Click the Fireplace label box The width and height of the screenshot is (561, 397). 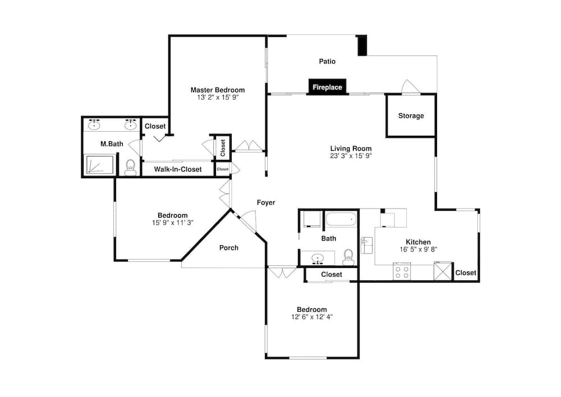pyautogui.click(x=328, y=87)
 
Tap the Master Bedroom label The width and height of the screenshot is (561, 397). pyautogui.click(x=218, y=90)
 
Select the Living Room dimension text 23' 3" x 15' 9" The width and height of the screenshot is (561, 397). pyautogui.click(x=351, y=156)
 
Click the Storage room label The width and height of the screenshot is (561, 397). pyautogui.click(x=411, y=116)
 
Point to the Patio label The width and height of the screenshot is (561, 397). pyautogui.click(x=328, y=62)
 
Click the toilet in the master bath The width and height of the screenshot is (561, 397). pyautogui.click(x=131, y=168)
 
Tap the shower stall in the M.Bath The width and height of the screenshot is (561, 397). pyautogui.click(x=99, y=164)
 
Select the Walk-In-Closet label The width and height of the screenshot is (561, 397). pyautogui.click(x=178, y=169)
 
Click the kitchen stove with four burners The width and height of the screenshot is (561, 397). pyautogui.click(x=402, y=271)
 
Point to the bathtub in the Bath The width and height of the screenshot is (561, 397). pyautogui.click(x=341, y=219)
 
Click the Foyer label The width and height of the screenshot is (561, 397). pyautogui.click(x=266, y=203)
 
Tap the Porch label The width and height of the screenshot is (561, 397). pyautogui.click(x=229, y=248)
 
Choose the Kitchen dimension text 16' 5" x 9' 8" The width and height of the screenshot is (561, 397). pyautogui.click(x=419, y=250)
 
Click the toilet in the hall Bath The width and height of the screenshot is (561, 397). pyautogui.click(x=348, y=257)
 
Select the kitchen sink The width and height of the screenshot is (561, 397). pyautogui.click(x=366, y=245)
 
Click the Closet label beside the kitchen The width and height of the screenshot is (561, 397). pyautogui.click(x=466, y=273)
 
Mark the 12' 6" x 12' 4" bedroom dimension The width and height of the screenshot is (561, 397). pyautogui.click(x=312, y=317)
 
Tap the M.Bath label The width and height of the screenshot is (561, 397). pyautogui.click(x=112, y=144)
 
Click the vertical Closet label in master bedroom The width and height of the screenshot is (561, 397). pyautogui.click(x=223, y=147)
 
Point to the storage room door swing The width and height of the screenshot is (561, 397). pyautogui.click(x=411, y=87)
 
